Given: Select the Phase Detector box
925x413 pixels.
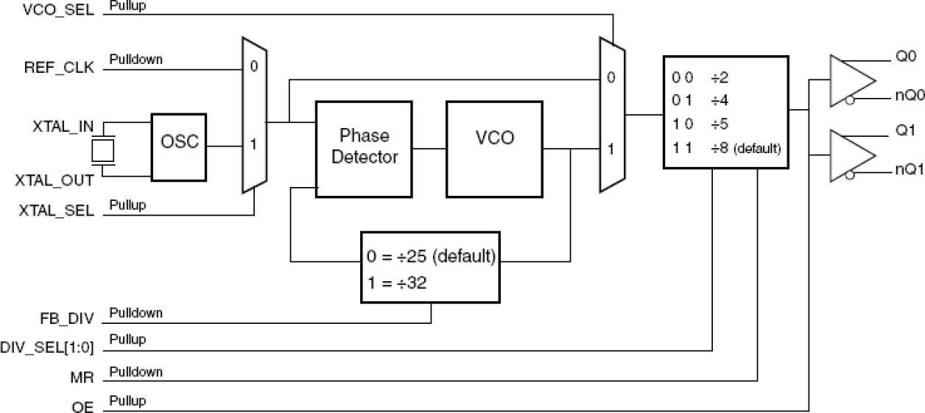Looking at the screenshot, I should [x=364, y=147].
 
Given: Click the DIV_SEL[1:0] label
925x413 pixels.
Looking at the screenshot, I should [x=48, y=347].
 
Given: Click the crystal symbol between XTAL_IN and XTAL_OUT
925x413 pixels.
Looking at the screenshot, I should [x=103, y=151].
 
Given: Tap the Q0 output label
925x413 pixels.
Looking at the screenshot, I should [x=905, y=56].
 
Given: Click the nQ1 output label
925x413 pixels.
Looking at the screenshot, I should [x=905, y=171].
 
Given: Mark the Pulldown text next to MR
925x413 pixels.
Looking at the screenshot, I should [x=136, y=372].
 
